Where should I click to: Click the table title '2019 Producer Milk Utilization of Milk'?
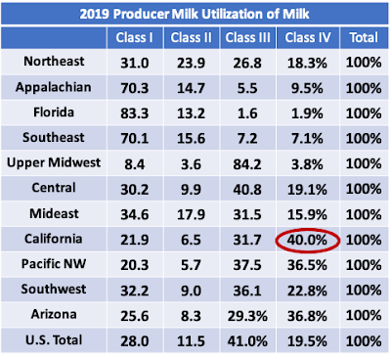click(x=195, y=14)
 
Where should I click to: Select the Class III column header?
click(x=248, y=37)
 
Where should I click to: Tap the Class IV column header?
click(x=308, y=37)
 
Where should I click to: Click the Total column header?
click(x=364, y=37)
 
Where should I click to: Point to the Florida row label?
click(x=54, y=112)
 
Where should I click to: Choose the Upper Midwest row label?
click(x=54, y=162)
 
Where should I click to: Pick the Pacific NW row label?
click(x=54, y=263)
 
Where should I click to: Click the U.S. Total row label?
click(x=54, y=340)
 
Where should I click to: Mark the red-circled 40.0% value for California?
click(x=307, y=241)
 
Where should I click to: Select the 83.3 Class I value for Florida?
click(x=135, y=113)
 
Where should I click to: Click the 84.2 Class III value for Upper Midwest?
click(x=247, y=164)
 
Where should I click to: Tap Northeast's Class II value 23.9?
click(x=191, y=64)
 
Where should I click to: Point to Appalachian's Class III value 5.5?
click(x=247, y=88)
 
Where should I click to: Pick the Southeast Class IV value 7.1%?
click(x=307, y=139)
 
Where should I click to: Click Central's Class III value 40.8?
click(x=247, y=190)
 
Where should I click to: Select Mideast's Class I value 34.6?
click(x=135, y=215)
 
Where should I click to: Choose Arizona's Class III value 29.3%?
click(x=247, y=316)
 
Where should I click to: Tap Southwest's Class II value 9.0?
click(x=191, y=291)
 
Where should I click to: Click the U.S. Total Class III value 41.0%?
click(x=247, y=341)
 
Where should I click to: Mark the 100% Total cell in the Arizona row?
click(x=364, y=315)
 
